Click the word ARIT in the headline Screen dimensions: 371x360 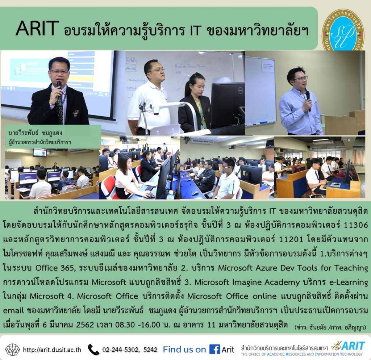pyautogui.click(x=37, y=28)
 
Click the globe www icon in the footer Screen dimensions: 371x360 pyautogui.click(x=13, y=349)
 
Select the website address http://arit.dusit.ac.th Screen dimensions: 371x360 pyautogui.click(x=52, y=350)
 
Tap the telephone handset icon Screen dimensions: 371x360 pyautogui.click(x=93, y=349)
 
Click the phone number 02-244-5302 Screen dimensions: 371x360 pyautogui.click(x=121, y=349)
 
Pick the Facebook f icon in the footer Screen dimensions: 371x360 pyautogui.click(x=214, y=349)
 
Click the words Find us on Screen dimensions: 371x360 pyautogui.click(x=184, y=349)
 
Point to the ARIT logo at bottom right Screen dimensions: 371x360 pyautogui.click(x=348, y=346)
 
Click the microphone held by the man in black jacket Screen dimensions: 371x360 pyautogui.click(x=59, y=91)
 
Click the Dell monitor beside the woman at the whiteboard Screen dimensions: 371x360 pyautogui.click(x=228, y=106)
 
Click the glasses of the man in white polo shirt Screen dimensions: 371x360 pyautogui.click(x=157, y=70)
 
